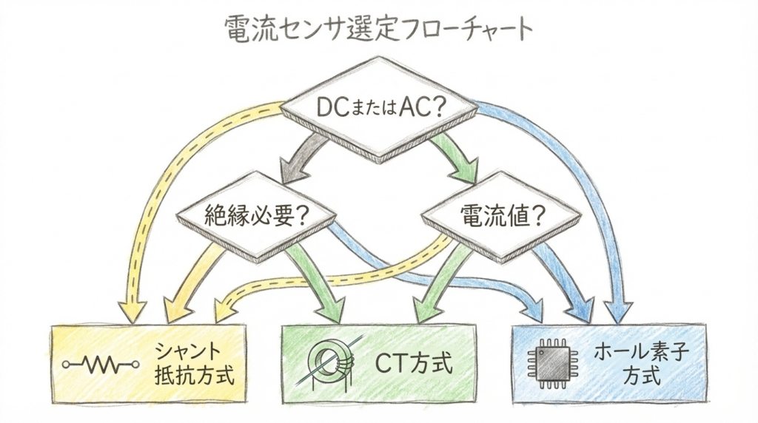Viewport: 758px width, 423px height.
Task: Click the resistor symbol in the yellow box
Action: (x=100, y=364)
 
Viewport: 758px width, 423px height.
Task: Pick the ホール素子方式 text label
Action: (x=641, y=363)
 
